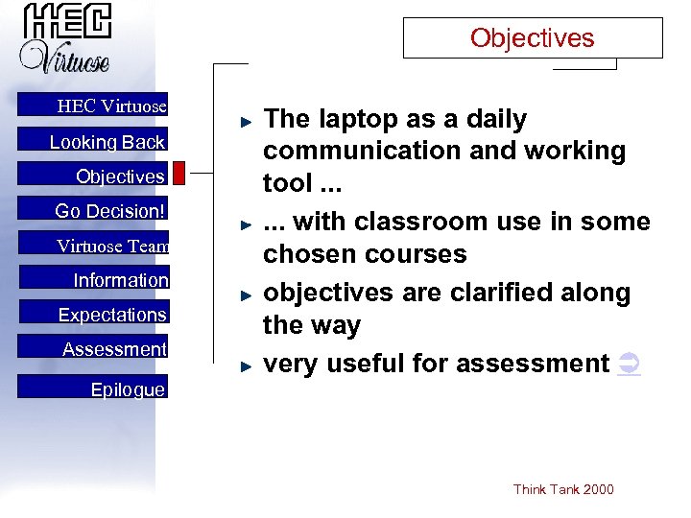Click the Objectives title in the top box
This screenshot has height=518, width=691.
[x=532, y=38]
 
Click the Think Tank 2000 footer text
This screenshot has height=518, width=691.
[x=563, y=490]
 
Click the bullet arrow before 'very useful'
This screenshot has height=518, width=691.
[x=246, y=365]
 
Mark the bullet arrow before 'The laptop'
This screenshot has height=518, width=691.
[x=246, y=121]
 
